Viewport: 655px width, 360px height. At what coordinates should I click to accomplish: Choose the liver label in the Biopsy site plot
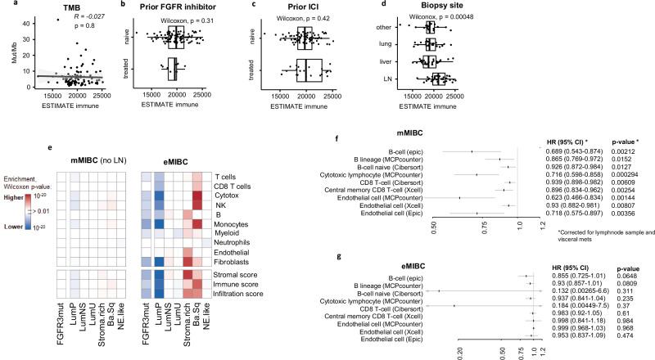tap(396, 61)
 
